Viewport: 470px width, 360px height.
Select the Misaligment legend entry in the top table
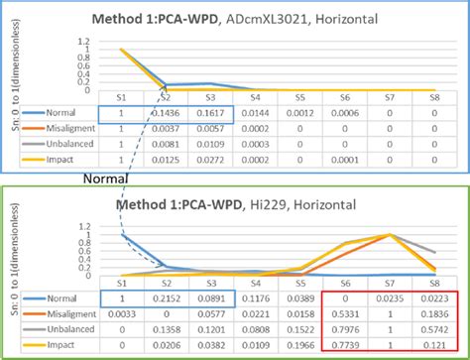[x=63, y=129]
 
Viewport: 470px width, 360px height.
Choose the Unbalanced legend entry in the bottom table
[x=63, y=328]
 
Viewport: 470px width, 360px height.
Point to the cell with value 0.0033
[x=120, y=313]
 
